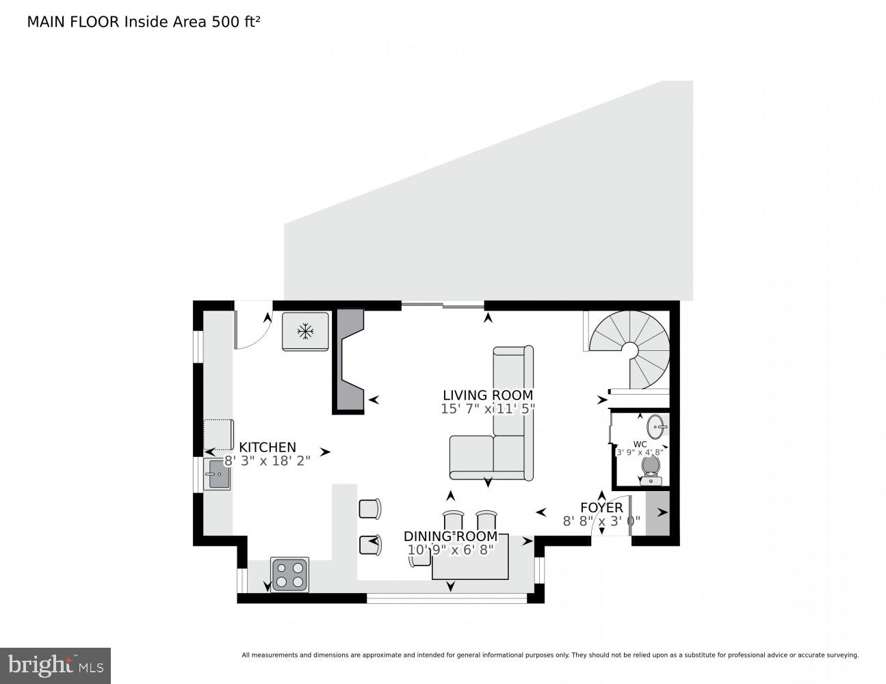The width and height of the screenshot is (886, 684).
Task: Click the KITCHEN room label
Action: pyautogui.click(x=268, y=447)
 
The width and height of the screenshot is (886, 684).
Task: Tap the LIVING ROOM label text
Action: pyautogui.click(x=487, y=395)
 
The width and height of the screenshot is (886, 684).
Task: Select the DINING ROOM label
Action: pyautogui.click(x=448, y=536)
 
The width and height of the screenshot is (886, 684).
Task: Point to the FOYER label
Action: pyautogui.click(x=601, y=508)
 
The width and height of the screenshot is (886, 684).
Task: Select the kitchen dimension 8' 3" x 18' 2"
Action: pyautogui.click(x=268, y=461)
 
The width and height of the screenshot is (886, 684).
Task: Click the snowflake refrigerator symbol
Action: pyautogui.click(x=305, y=332)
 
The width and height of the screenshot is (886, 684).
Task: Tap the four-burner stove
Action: pyautogui.click(x=290, y=575)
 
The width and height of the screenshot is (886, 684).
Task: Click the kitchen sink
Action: pyautogui.click(x=218, y=474)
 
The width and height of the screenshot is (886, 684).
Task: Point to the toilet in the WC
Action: pyautogui.click(x=651, y=469)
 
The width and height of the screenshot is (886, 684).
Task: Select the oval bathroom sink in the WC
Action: pyautogui.click(x=656, y=426)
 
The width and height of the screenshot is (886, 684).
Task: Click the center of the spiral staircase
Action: pyautogui.click(x=629, y=350)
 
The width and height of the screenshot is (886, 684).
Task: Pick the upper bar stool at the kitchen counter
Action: pyautogui.click(x=369, y=509)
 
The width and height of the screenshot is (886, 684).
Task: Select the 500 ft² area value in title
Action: pyautogui.click(x=236, y=22)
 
